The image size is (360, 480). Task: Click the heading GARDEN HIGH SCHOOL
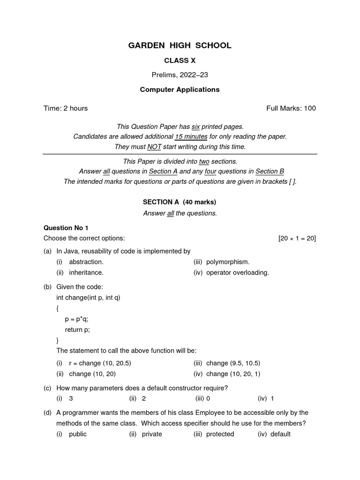click(180, 45)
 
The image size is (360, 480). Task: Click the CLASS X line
click(180, 61)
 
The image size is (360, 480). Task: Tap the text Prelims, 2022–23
click(180, 75)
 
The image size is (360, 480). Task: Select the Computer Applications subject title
click(180, 90)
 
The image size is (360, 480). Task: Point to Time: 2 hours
click(66, 108)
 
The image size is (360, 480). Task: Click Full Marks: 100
click(291, 108)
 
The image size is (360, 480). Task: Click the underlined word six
click(196, 127)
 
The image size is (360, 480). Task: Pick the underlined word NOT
click(154, 147)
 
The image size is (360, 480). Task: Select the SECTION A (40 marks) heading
click(180, 202)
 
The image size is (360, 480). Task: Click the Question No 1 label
click(66, 228)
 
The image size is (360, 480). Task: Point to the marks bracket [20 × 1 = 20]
click(297, 238)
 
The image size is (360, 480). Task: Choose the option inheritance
click(86, 272)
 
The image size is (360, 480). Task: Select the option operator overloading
click(238, 272)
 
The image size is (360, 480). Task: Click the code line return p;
click(77, 330)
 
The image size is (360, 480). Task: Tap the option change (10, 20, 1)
click(233, 374)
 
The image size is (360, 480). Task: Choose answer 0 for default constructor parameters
click(208, 398)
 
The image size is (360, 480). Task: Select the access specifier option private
click(152, 434)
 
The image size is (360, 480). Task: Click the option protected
click(220, 434)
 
